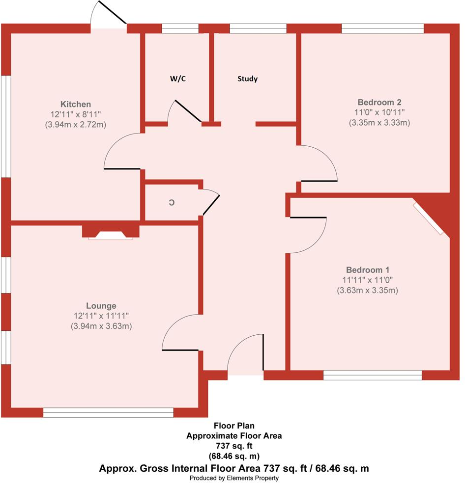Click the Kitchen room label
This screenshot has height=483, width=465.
pyautogui.click(x=76, y=104)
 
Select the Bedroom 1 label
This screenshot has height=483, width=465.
pyautogui.click(x=367, y=270)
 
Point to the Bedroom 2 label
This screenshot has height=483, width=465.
pyautogui.click(x=379, y=103)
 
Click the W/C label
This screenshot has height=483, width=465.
pyautogui.click(x=178, y=79)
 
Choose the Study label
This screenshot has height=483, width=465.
pyautogui.click(x=247, y=79)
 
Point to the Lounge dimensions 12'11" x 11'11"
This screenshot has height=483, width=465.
pyautogui.click(x=102, y=316)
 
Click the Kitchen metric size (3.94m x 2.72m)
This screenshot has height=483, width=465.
pyautogui.click(x=76, y=125)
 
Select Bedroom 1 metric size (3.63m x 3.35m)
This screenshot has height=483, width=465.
pyautogui.click(x=367, y=291)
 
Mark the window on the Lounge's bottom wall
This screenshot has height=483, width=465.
pyautogui.click(x=108, y=413)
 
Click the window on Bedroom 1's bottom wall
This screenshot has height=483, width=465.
pyautogui.click(x=372, y=376)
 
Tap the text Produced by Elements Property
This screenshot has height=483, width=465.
pyautogui.click(x=234, y=478)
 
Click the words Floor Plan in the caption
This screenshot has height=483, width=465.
pyautogui.click(x=234, y=426)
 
